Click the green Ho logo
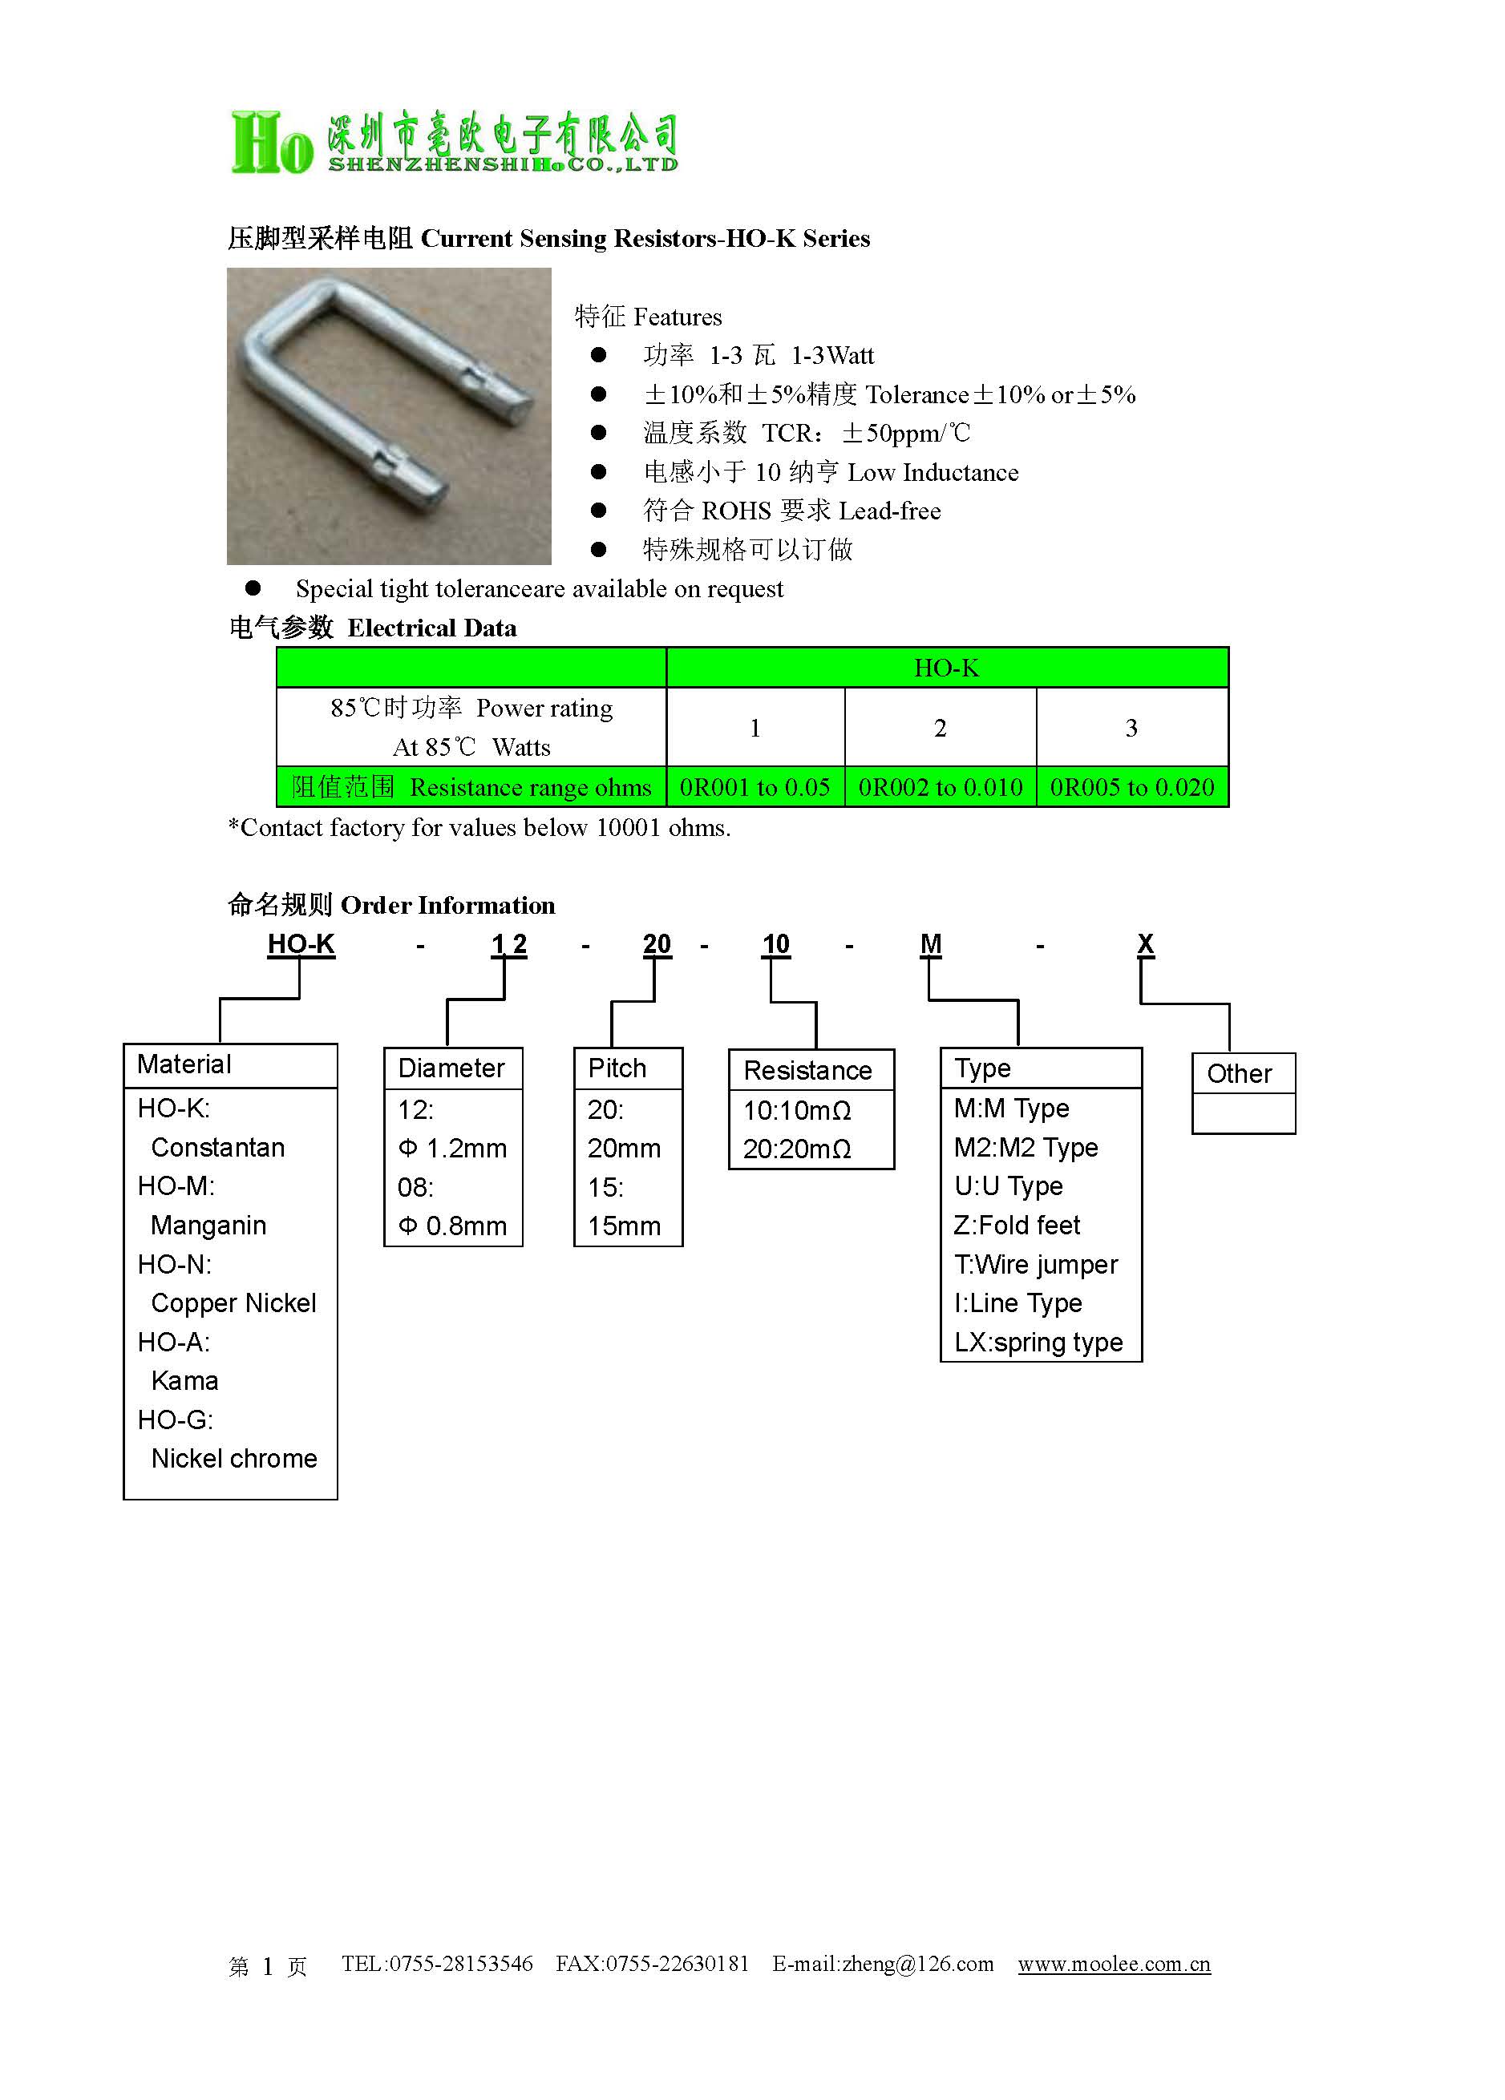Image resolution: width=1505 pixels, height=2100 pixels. pyautogui.click(x=271, y=143)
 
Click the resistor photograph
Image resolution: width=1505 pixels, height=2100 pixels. pyautogui.click(x=388, y=416)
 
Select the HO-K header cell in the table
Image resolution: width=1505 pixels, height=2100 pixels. pyautogui.click(x=945, y=668)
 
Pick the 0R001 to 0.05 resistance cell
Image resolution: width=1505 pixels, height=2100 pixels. pyautogui.click(x=754, y=787)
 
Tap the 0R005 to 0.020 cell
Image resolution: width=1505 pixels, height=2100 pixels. pyautogui.click(x=1131, y=787)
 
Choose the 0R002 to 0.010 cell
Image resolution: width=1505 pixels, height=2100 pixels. pyautogui.click(x=939, y=787)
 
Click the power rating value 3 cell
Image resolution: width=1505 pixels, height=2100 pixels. pyautogui.click(x=1131, y=728)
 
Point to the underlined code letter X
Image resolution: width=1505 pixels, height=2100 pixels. pyautogui.click(x=1145, y=943)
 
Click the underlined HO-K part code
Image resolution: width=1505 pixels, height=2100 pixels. pyautogui.click(x=300, y=943)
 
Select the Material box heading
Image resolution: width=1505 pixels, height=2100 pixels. pyautogui.click(x=184, y=1064)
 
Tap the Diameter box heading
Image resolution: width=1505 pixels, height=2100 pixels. pyautogui.click(x=451, y=1068)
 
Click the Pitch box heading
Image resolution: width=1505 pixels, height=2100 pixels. pyautogui.click(x=617, y=1068)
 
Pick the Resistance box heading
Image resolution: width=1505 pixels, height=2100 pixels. pyautogui.click(x=807, y=1070)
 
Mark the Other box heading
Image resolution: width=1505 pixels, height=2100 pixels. pyautogui.click(x=1239, y=1073)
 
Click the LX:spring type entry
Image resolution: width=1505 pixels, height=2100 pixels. pyautogui.click(x=1038, y=1342)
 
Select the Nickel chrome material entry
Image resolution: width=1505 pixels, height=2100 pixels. pyautogui.click(x=233, y=1458)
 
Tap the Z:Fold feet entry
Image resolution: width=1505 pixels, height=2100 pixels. pyautogui.click(x=1017, y=1225)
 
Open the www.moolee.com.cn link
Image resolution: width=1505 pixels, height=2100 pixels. pyautogui.click(x=1113, y=1964)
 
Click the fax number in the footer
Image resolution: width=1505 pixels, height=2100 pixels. pyautogui.click(x=652, y=1964)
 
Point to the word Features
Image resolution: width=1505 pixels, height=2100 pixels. pyautogui.click(x=677, y=317)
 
